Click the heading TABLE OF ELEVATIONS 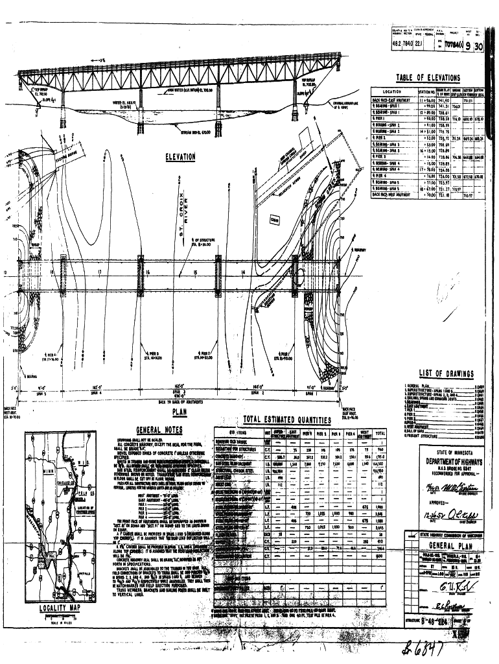[428, 77]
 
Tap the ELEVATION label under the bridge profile [180, 156]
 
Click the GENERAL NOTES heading [159, 429]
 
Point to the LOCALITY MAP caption [59, 608]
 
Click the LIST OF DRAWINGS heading [446, 373]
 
